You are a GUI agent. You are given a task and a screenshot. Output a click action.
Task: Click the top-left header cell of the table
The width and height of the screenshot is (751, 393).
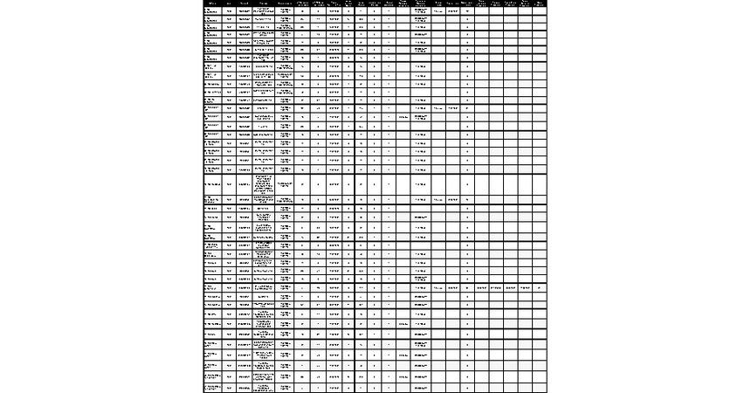(x=212, y=3)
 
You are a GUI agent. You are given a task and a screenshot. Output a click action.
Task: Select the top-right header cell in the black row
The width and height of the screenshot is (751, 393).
(x=541, y=3)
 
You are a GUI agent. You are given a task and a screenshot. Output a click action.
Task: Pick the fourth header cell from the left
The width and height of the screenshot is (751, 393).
(x=264, y=3)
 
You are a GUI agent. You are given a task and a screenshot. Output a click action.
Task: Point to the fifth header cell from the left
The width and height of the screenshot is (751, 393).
(x=285, y=3)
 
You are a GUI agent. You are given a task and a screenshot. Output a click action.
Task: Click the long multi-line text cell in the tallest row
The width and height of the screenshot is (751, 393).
(x=264, y=184)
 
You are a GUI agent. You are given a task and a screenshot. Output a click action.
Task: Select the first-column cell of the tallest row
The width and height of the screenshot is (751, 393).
(x=212, y=184)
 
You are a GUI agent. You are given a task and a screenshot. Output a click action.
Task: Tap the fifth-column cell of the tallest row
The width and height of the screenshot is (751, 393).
(x=285, y=184)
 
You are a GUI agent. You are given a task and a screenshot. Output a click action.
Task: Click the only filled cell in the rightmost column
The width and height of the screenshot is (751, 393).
(x=541, y=286)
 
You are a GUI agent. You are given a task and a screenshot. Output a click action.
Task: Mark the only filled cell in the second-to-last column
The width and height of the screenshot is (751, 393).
(x=525, y=286)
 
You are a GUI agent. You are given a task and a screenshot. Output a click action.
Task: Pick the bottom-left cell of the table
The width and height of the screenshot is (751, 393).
(x=212, y=386)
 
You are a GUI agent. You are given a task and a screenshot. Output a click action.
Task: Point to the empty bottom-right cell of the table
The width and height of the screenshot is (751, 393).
(x=541, y=386)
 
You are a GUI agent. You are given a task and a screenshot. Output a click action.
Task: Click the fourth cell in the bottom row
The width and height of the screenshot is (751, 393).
(x=264, y=386)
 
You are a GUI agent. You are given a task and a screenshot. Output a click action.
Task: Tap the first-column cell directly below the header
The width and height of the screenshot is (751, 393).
(x=212, y=11)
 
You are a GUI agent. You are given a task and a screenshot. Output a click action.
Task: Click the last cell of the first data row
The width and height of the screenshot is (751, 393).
(x=541, y=11)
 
